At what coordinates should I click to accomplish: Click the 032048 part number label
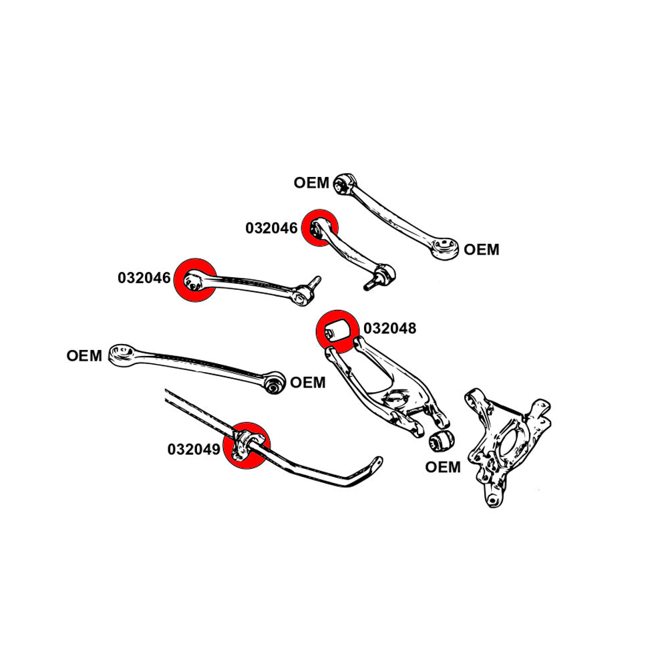[390, 329]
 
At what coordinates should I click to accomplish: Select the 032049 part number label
[194, 450]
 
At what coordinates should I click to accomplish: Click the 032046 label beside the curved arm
[271, 228]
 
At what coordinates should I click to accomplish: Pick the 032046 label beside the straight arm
[144, 278]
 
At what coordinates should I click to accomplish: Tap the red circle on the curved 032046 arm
[319, 228]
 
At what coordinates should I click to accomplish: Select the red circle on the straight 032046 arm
[194, 280]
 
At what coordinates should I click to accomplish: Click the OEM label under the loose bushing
[443, 467]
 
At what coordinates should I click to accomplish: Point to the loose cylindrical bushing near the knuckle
[440, 441]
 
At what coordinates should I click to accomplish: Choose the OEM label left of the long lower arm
[84, 356]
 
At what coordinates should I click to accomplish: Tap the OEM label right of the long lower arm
[308, 383]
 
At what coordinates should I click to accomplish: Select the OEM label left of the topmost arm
[311, 182]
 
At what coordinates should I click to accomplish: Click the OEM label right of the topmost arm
[481, 250]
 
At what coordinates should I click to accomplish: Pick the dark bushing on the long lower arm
[274, 384]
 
